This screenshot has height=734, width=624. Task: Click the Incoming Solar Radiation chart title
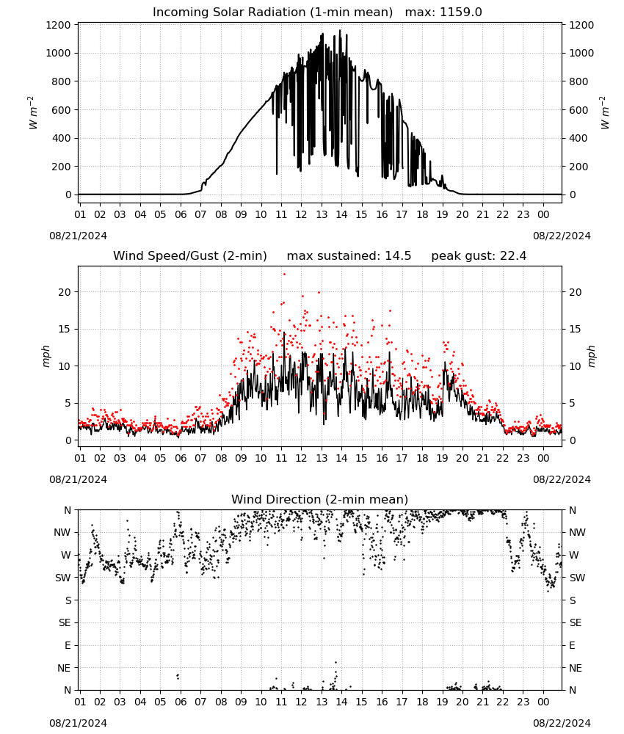point(272,12)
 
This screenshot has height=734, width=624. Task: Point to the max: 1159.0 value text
point(443,12)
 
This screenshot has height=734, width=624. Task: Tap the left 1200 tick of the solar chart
point(58,25)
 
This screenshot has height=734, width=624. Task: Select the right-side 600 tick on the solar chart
point(578,110)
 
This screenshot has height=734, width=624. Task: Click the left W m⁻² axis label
point(32,113)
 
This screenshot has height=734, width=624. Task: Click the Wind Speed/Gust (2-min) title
point(190,256)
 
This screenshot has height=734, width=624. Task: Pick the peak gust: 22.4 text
point(479,256)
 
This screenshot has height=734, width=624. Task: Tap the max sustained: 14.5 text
point(349,256)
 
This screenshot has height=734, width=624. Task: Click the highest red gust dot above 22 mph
point(284,275)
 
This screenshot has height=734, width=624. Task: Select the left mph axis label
point(46,356)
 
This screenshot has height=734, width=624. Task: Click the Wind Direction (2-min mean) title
point(320,499)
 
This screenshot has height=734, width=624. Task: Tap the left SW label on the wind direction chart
point(63,578)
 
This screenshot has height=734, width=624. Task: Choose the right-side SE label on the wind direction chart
point(576,622)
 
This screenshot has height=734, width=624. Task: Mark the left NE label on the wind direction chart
point(64,668)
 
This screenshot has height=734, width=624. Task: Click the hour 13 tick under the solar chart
point(322,214)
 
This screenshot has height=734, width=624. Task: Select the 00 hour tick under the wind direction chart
point(543,702)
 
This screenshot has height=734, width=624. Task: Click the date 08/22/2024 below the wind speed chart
point(562,479)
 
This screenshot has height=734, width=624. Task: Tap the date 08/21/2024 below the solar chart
point(78,236)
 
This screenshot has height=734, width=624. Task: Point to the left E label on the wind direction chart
point(68,645)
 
